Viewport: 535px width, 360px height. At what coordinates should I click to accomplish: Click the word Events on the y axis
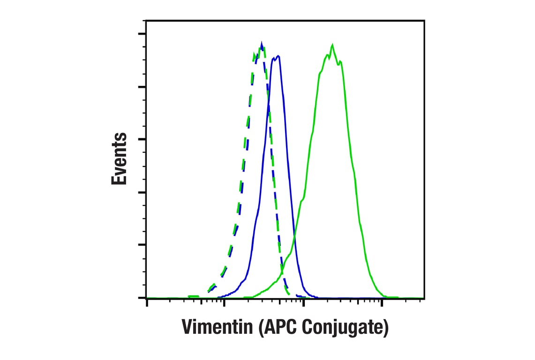point(119,159)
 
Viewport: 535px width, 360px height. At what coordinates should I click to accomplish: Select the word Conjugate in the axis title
point(345,328)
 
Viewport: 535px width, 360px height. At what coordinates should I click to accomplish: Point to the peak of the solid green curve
point(332,45)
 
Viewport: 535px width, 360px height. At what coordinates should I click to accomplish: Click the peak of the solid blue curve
point(279,56)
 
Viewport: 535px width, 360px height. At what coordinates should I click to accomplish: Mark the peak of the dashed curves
point(261,44)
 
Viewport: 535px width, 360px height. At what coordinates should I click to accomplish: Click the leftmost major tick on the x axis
point(147,303)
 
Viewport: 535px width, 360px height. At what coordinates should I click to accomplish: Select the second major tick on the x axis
point(225,303)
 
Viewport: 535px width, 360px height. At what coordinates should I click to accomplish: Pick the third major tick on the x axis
point(303,303)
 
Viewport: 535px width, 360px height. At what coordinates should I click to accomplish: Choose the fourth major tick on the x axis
point(382,303)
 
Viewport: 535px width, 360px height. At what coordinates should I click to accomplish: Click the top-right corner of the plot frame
point(424,21)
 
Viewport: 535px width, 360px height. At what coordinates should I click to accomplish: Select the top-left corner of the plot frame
point(146,21)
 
